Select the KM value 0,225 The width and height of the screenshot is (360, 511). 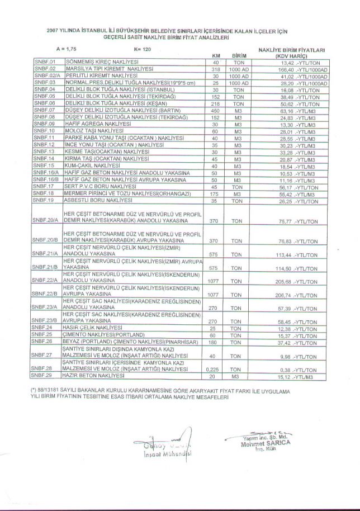[212, 370]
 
